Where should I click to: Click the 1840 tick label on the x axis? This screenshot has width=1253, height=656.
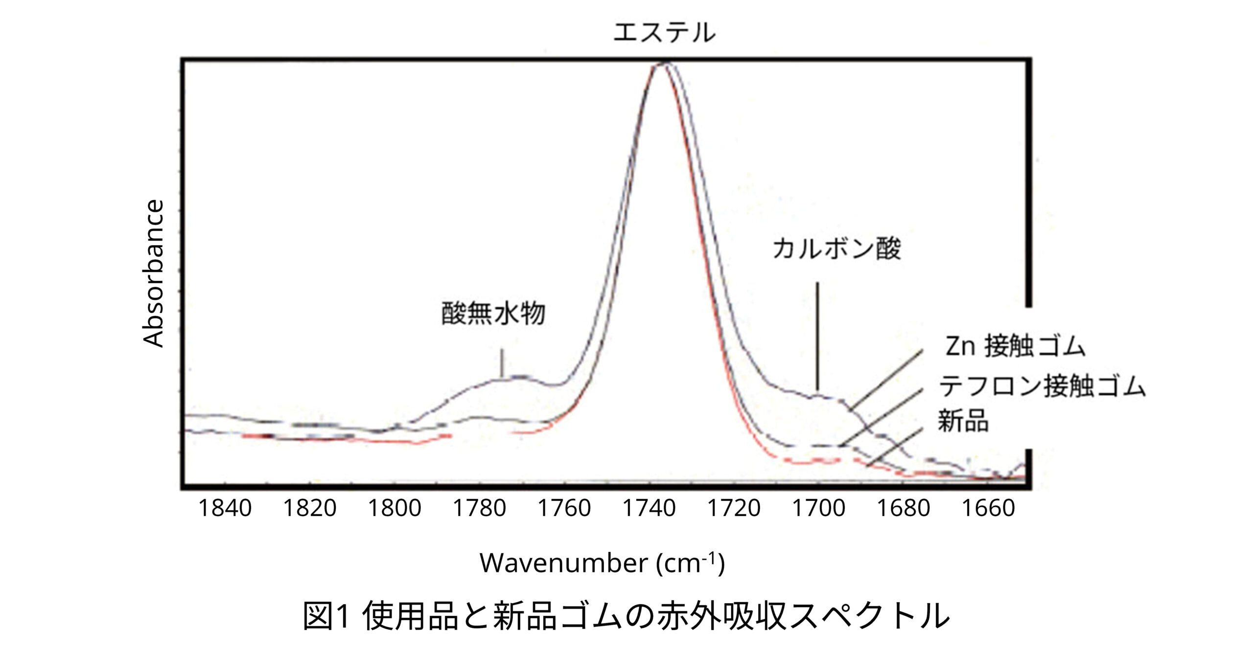pos(225,509)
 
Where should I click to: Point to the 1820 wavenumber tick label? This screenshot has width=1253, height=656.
pos(310,509)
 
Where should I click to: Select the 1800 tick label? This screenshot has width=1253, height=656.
pos(394,509)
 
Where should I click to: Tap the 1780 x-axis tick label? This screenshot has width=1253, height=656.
pos(479,509)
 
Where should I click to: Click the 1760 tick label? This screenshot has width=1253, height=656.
pos(564,509)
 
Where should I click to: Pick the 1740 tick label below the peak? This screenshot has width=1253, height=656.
pos(649,509)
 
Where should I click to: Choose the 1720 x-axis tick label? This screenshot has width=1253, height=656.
pos(734,509)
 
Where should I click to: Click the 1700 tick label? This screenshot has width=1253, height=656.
pos(818,509)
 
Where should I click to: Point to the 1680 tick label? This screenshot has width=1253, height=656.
pos(904,509)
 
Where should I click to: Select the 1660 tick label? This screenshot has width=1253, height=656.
pos(988,509)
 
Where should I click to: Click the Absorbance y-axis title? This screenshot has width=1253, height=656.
pos(154,273)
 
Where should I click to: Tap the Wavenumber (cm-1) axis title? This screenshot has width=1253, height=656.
pos(602,563)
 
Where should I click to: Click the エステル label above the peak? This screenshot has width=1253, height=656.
pos(664,32)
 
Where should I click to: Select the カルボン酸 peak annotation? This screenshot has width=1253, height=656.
pos(836,249)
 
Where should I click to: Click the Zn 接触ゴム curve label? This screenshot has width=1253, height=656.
pos(1015,347)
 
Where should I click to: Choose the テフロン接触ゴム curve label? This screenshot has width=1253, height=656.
pos(1042,386)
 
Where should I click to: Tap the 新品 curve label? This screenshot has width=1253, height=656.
pos(963,421)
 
